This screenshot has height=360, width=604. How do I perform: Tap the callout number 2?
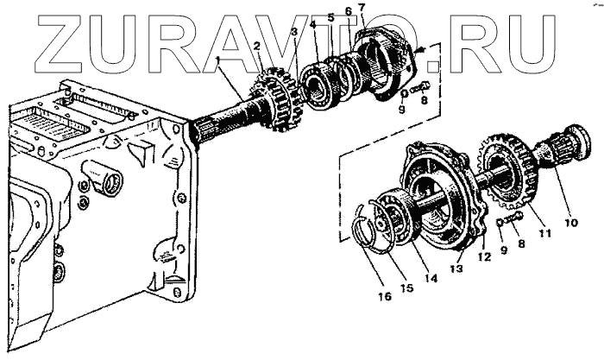pyautogui.click(x=256, y=47)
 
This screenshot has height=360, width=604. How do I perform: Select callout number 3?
pyautogui.click(x=294, y=33)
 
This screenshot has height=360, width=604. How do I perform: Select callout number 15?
pyautogui.click(x=409, y=287)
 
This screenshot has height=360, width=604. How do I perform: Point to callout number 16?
pyautogui.click(x=385, y=296)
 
